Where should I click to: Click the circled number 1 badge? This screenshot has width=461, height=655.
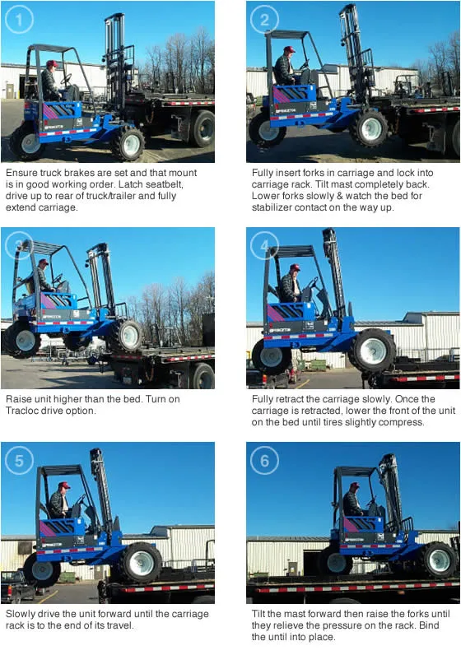pos(18,19)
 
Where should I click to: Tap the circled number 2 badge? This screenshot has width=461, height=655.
pos(264,19)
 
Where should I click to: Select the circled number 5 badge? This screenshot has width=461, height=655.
pos(19,460)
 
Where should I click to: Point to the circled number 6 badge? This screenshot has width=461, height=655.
pos(264,460)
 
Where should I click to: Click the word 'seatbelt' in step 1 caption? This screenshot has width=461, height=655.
pos(164,184)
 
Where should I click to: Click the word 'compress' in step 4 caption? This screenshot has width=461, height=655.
pos(402,422)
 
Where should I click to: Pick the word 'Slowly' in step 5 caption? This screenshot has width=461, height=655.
pos(20,614)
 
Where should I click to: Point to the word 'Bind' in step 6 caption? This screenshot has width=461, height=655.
pos(429,625)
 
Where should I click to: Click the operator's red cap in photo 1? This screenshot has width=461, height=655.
pos(52,63)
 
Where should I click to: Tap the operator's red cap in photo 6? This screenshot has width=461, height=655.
pos(355,485)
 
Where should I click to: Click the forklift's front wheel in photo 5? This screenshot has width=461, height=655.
pos(142,562)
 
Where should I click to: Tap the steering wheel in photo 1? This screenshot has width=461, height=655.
pos(66,79)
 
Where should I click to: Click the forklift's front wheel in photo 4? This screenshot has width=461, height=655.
pos(373,350)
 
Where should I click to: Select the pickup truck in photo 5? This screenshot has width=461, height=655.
pos(16,585)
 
